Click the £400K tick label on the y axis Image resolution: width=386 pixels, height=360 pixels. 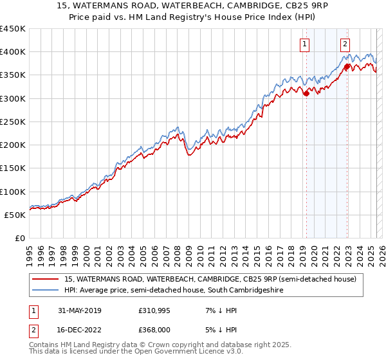click(13, 52)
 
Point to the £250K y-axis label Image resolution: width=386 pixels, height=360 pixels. click(13, 122)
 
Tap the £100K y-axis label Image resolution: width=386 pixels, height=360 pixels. click(13, 192)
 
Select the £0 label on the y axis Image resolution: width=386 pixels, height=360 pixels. click(20, 238)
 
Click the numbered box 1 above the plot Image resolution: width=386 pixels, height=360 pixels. click(304, 44)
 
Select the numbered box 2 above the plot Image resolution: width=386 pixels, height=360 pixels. click(345, 44)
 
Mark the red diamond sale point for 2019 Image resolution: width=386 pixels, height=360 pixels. click(306, 93)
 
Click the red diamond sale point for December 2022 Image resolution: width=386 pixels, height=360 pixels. click(347, 66)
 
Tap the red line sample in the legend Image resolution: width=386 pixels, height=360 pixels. click(46, 279)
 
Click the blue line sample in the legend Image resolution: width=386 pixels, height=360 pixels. click(46, 291)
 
